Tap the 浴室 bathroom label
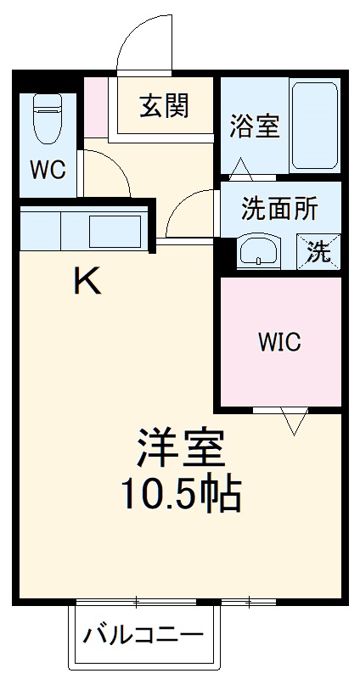tap(254, 126)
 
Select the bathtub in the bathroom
tap(315, 126)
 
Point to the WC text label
tap(48, 170)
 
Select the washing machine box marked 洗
tap(318, 251)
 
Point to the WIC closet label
tap(279, 342)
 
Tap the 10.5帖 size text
tap(180, 491)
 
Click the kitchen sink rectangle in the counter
tap(115, 230)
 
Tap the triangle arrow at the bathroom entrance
tap(240, 168)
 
